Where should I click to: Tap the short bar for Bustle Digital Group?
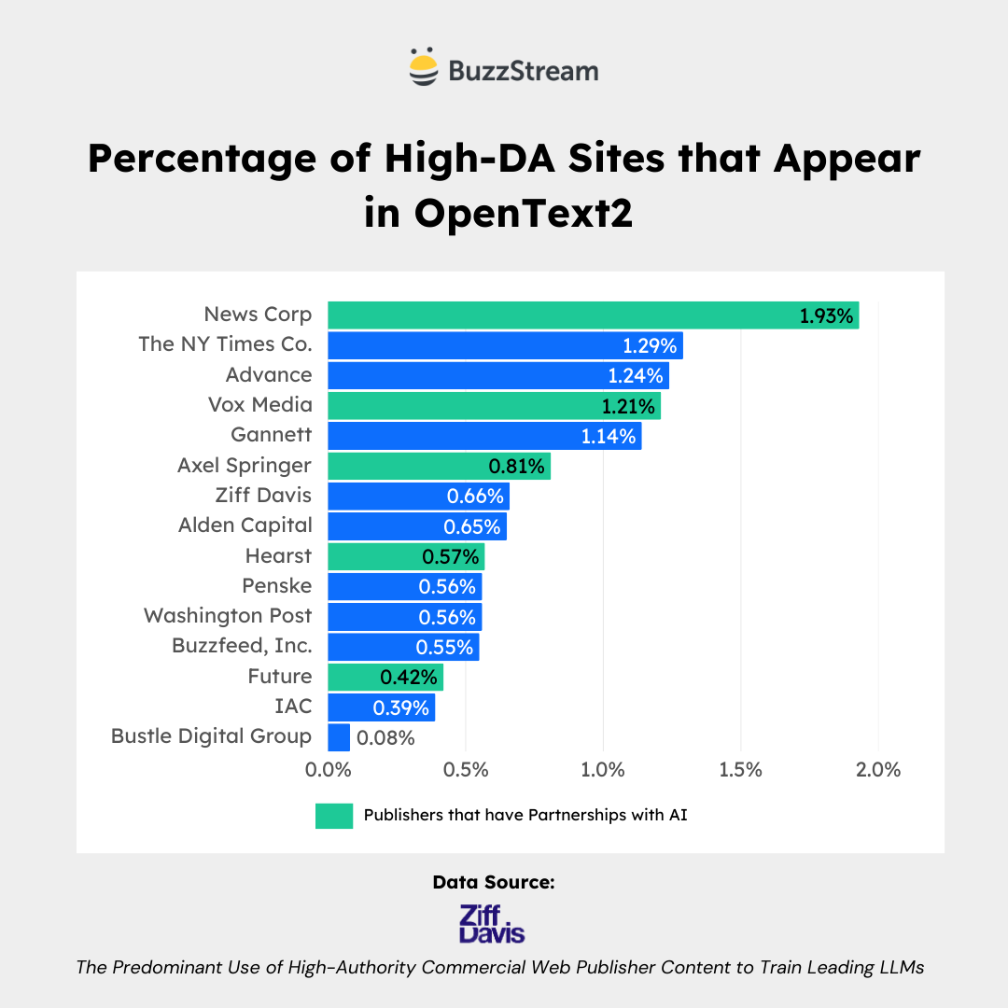[x=339, y=736]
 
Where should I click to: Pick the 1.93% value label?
[x=826, y=315]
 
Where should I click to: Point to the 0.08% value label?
[x=385, y=737]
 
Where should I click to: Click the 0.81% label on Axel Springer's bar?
[x=516, y=466]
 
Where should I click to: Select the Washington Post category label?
[x=228, y=616]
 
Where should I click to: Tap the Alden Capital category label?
[x=245, y=525]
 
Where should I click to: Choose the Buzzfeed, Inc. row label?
[x=243, y=646]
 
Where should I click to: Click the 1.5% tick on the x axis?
[x=740, y=770]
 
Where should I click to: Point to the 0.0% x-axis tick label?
[x=329, y=770]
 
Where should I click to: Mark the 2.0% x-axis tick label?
[x=877, y=770]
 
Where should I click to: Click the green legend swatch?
[x=334, y=816]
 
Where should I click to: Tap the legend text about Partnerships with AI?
[x=525, y=816]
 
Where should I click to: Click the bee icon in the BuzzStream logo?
[x=424, y=68]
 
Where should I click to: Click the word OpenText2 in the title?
[x=524, y=214]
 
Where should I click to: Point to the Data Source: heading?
[x=494, y=882]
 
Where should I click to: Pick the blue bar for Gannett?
[x=484, y=436]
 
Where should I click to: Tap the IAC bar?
[x=381, y=707]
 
